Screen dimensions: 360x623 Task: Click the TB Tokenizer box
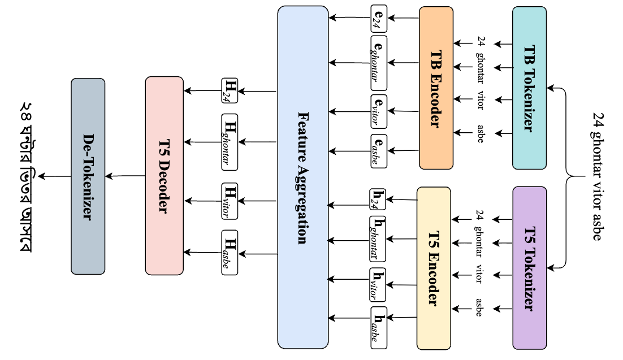point(529,88)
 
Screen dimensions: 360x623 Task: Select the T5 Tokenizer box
point(529,267)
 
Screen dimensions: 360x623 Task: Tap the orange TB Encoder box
point(436,88)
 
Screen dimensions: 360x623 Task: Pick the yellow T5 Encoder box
point(434,268)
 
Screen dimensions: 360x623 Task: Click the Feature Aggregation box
point(302,177)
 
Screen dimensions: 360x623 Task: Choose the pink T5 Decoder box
point(164,176)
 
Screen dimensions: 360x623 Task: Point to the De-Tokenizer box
point(88,176)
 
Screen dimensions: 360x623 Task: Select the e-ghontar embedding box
point(378,63)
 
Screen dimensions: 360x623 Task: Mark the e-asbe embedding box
point(378,150)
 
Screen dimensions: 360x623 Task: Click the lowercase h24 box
point(377,199)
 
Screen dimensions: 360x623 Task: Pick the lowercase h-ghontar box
point(377,239)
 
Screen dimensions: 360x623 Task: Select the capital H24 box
point(230,90)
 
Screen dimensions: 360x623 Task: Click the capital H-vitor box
point(230,201)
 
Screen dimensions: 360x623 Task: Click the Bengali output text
point(26,177)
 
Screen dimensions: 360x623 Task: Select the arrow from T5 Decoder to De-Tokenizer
point(125,176)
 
